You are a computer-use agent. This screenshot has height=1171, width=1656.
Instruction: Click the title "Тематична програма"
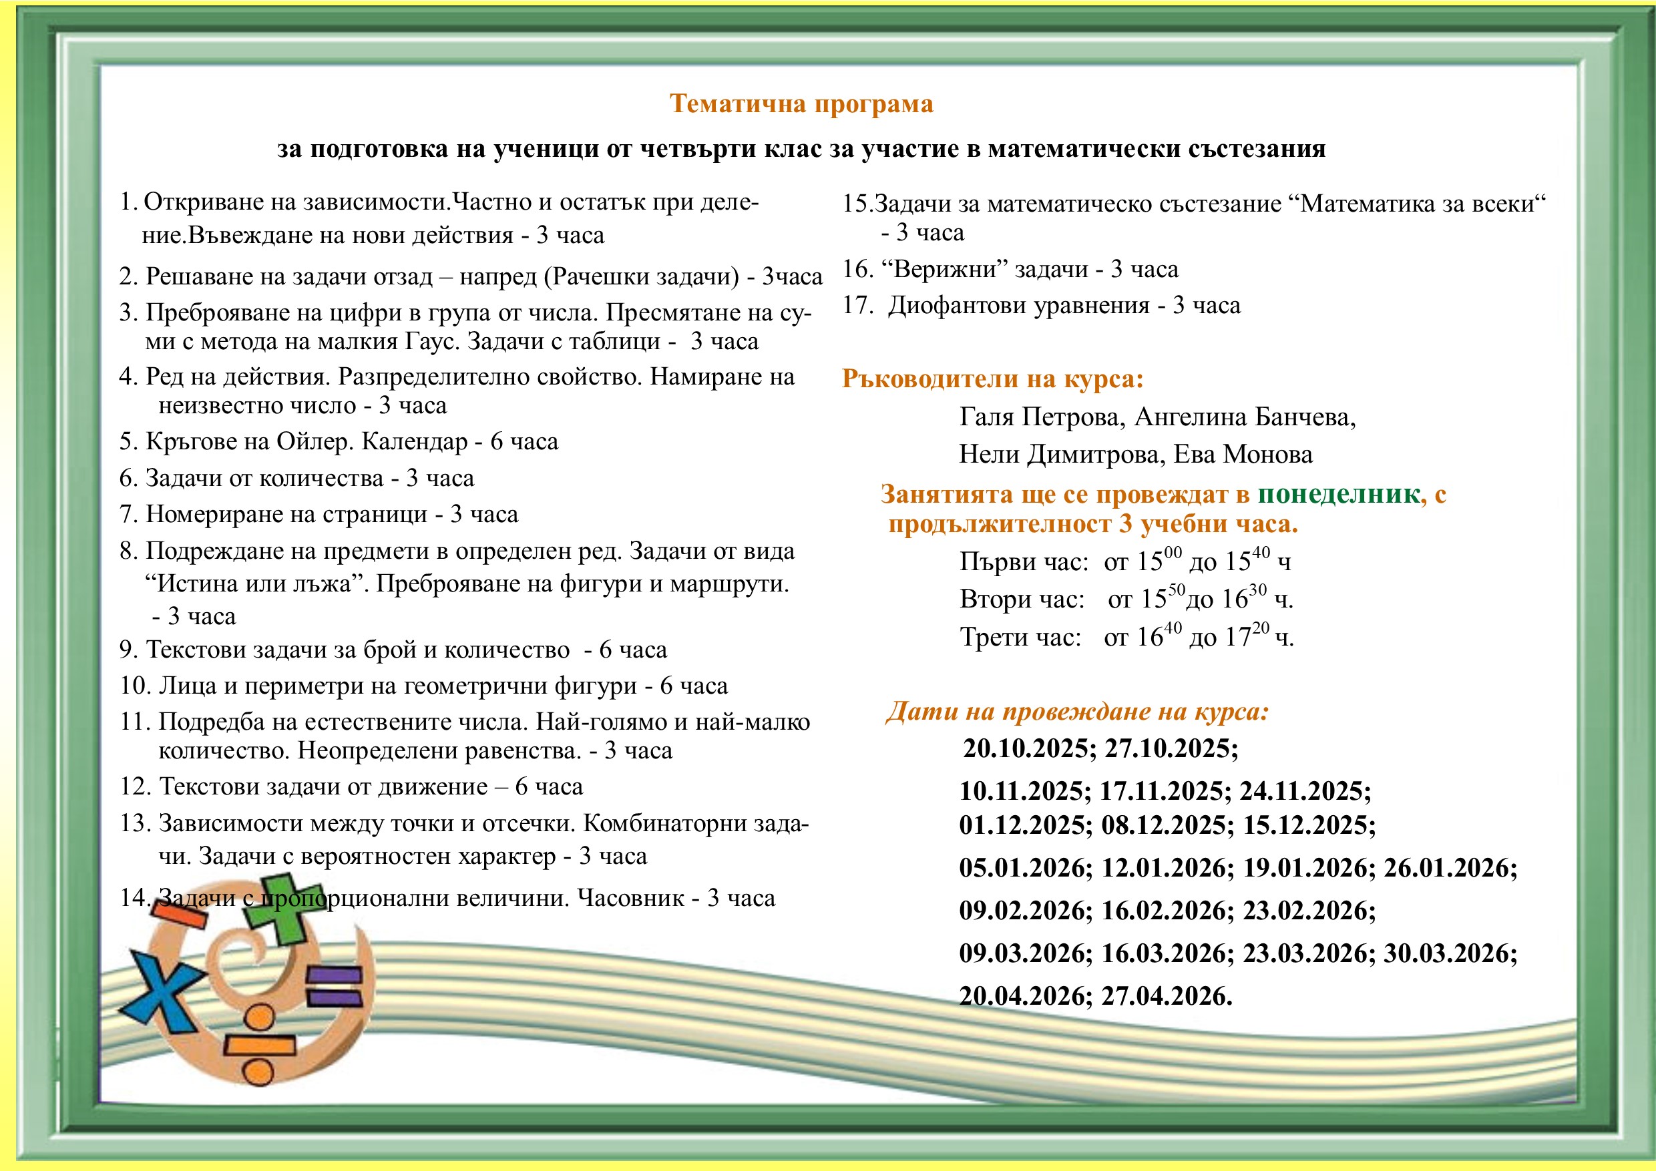[x=801, y=105]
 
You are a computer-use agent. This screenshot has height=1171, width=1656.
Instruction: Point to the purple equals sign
[x=334, y=987]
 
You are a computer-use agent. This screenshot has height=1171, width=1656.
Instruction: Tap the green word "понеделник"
[x=1339, y=495]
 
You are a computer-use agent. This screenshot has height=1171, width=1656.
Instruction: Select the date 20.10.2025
[x=1028, y=748]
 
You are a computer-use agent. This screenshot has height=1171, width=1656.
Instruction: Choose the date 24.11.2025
[x=1305, y=791]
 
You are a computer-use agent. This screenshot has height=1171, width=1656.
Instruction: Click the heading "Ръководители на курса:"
[x=992, y=379]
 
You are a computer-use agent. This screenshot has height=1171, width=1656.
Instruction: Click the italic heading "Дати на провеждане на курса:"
[x=1077, y=712]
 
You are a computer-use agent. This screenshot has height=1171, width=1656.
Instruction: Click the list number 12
[x=134, y=786]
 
